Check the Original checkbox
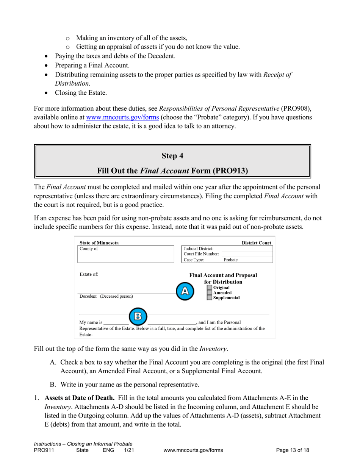coord(210,288)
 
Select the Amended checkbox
coord(210,293)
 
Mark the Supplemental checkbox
coord(210,298)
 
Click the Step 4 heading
coord(172,156)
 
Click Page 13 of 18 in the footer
coord(293,450)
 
